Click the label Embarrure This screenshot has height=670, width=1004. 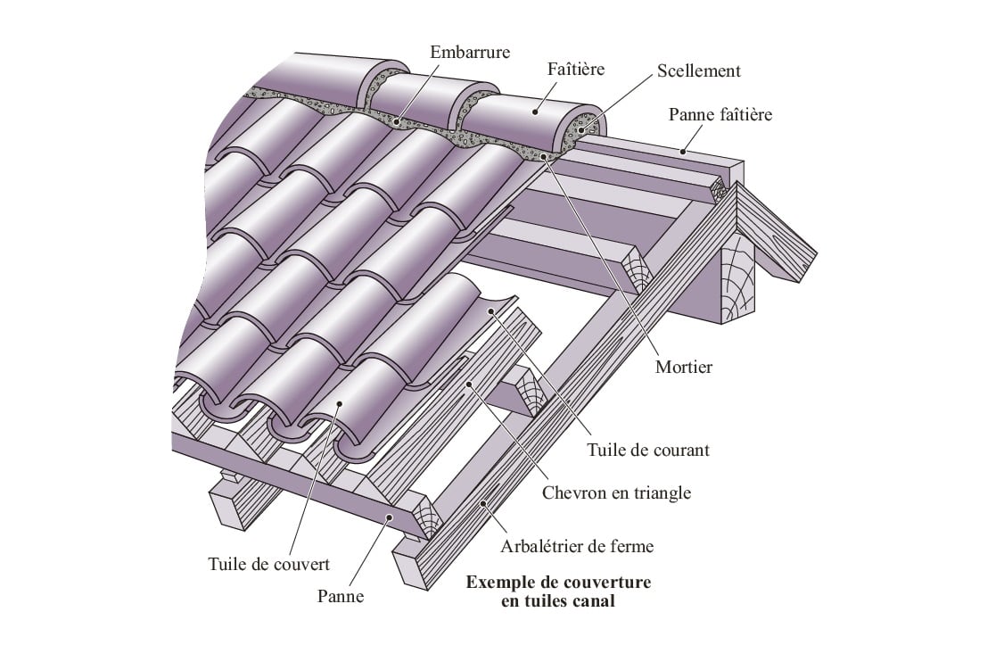[470, 52]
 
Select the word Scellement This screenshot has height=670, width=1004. [698, 70]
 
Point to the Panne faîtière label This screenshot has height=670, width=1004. [720, 114]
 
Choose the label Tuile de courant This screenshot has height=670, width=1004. [648, 450]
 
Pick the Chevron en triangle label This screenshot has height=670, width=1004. [617, 492]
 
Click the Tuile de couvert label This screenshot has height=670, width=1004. [268, 564]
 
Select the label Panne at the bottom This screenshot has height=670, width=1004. [341, 597]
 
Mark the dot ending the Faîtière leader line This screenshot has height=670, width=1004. [535, 111]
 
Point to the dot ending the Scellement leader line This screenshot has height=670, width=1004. [580, 130]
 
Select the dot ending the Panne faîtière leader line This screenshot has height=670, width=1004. [682, 152]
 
